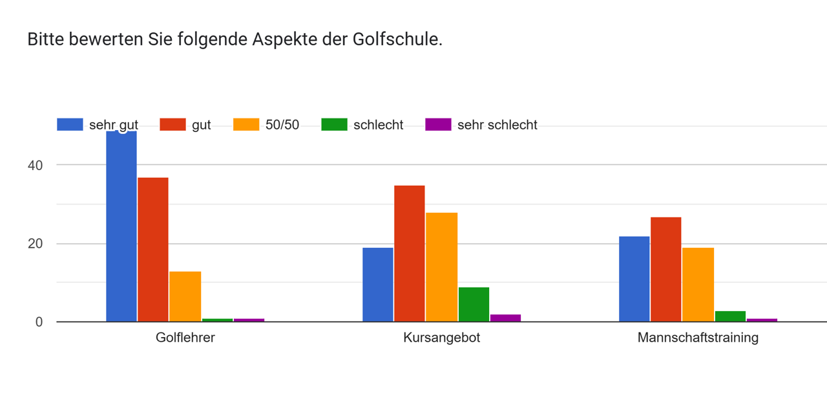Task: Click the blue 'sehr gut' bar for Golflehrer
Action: pyautogui.click(x=121, y=226)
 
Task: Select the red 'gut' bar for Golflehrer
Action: pyautogui.click(x=153, y=250)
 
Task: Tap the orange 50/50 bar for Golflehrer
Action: pyautogui.click(x=185, y=296)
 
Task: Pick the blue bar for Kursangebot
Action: pyautogui.click(x=377, y=285)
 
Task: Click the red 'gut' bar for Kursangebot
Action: pyautogui.click(x=410, y=254)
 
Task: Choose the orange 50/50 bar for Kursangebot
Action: pyautogui.click(x=441, y=267)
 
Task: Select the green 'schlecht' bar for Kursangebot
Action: pyautogui.click(x=474, y=305)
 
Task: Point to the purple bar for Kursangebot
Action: pyautogui.click(x=505, y=318)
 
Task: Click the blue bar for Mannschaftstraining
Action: pyautogui.click(x=634, y=279)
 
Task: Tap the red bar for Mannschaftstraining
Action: pyautogui.click(x=666, y=269)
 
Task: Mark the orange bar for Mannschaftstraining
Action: pyautogui.click(x=698, y=285)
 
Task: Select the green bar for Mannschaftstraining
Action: pyautogui.click(x=730, y=316)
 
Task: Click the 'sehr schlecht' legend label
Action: pyautogui.click(x=497, y=125)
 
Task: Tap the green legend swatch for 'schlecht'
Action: pyautogui.click(x=334, y=124)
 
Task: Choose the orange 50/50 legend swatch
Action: pyautogui.click(x=246, y=124)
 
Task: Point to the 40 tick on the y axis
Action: pyautogui.click(x=35, y=165)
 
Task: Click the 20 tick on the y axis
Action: pyautogui.click(x=35, y=244)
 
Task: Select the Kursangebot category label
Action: pyautogui.click(x=441, y=338)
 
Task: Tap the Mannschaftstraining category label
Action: pyautogui.click(x=698, y=338)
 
